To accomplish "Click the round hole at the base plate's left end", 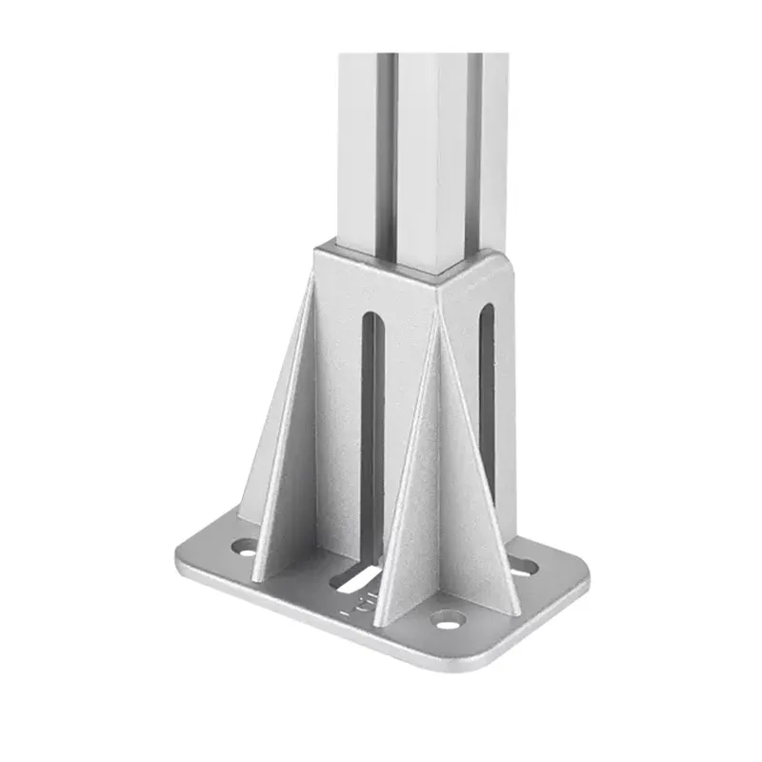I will click(x=245, y=548).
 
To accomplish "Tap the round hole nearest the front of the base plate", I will click(x=446, y=620).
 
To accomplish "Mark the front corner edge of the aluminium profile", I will click(x=439, y=152).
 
